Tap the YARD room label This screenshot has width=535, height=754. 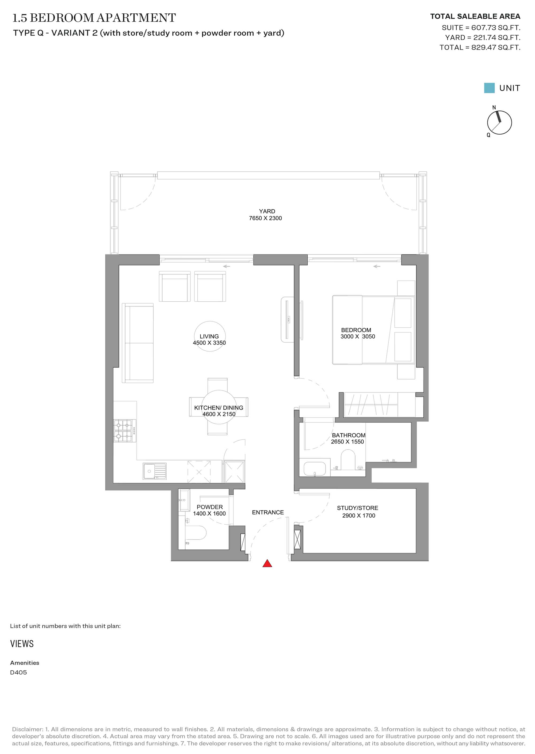(267, 211)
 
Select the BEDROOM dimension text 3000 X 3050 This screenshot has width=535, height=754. (358, 336)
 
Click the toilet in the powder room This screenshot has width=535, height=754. (196, 533)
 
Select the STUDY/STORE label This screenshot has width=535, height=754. (357, 508)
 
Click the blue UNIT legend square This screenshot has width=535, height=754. (489, 88)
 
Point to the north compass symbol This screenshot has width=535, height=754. (499, 122)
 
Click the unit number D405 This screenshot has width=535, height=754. (18, 672)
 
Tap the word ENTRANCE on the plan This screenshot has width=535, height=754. (268, 513)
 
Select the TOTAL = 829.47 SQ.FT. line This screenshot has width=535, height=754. (480, 47)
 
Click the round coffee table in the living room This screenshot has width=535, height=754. (209, 336)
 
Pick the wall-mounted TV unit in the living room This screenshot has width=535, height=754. (287, 320)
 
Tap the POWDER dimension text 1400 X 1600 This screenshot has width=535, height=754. (209, 513)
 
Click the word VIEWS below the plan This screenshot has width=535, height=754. (22, 644)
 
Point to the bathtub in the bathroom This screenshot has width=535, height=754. (315, 469)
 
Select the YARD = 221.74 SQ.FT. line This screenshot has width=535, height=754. (483, 37)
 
